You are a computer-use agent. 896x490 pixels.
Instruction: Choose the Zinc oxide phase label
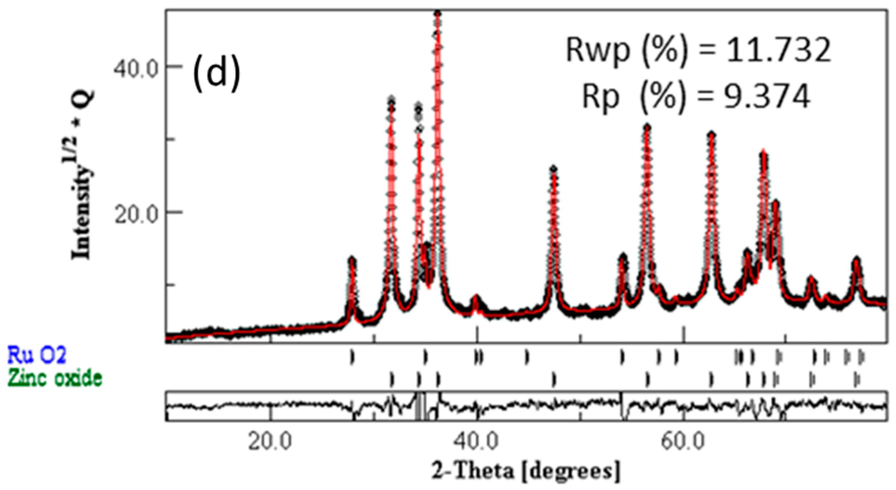click(x=55, y=378)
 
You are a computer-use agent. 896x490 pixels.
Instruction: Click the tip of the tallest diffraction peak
click(x=438, y=13)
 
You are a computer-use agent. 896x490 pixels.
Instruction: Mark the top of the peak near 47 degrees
click(x=553, y=169)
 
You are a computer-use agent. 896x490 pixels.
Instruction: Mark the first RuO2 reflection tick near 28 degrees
click(x=352, y=357)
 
